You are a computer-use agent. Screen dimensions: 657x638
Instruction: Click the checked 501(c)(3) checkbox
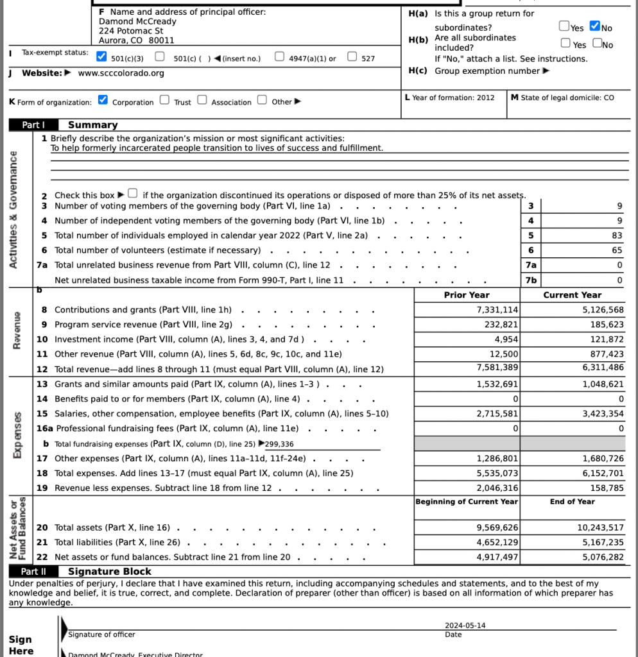click(101, 56)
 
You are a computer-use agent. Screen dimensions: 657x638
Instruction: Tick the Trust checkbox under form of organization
click(165, 100)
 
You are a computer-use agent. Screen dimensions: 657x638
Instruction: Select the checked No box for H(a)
click(594, 26)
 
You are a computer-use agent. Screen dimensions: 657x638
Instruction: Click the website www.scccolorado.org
click(121, 73)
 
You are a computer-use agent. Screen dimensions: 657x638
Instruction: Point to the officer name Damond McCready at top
click(137, 21)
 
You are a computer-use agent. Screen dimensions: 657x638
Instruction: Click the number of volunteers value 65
click(617, 250)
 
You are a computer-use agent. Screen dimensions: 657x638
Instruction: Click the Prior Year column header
click(467, 295)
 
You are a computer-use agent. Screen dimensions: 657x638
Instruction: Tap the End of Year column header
click(572, 502)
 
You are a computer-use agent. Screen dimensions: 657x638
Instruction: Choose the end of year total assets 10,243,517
click(596, 527)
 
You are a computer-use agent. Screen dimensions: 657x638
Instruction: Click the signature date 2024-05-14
click(465, 626)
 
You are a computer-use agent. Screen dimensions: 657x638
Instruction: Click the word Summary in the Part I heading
click(93, 125)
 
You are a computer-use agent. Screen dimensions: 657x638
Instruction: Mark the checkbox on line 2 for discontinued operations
click(132, 193)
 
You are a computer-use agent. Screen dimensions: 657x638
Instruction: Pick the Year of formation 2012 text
click(450, 98)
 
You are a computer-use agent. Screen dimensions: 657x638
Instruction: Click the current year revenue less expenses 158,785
click(607, 488)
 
